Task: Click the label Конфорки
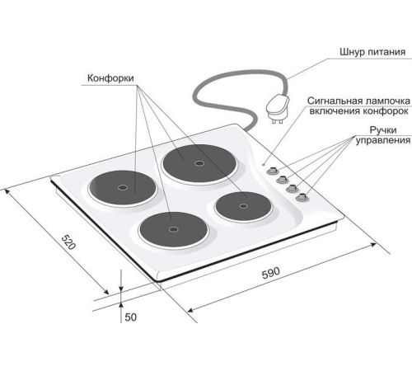[x=110, y=78]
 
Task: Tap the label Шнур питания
[x=372, y=52]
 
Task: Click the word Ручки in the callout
[x=383, y=130]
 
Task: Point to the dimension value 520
[x=68, y=242]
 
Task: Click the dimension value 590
[x=271, y=273]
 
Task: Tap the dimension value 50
[x=130, y=317]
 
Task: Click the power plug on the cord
[x=278, y=109]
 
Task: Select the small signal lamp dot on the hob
[x=264, y=165]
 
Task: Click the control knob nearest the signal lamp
[x=272, y=171]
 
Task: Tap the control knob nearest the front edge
[x=302, y=197]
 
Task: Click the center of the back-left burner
[x=122, y=188]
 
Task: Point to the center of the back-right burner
[x=199, y=163]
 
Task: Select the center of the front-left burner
[x=173, y=229]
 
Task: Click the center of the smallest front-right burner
[x=243, y=206]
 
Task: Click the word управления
[x=383, y=140]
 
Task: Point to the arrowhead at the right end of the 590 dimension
[x=373, y=244]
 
